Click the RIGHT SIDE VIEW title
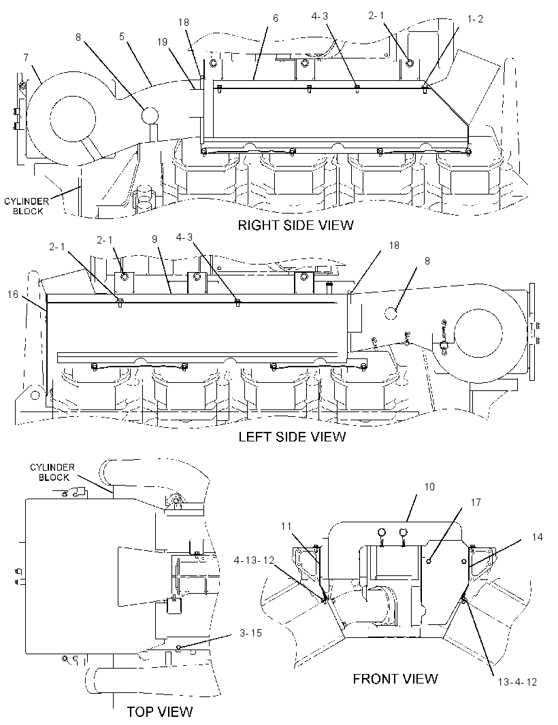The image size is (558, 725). (295, 225)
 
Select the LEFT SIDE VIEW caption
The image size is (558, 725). (292, 437)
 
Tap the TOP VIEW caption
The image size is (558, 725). (160, 711)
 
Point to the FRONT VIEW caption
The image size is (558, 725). (395, 679)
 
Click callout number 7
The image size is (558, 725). (26, 58)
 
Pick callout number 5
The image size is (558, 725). (122, 37)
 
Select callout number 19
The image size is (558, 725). (162, 42)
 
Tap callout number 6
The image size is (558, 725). (276, 18)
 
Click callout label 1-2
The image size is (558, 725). (475, 19)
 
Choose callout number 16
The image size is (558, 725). (13, 294)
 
